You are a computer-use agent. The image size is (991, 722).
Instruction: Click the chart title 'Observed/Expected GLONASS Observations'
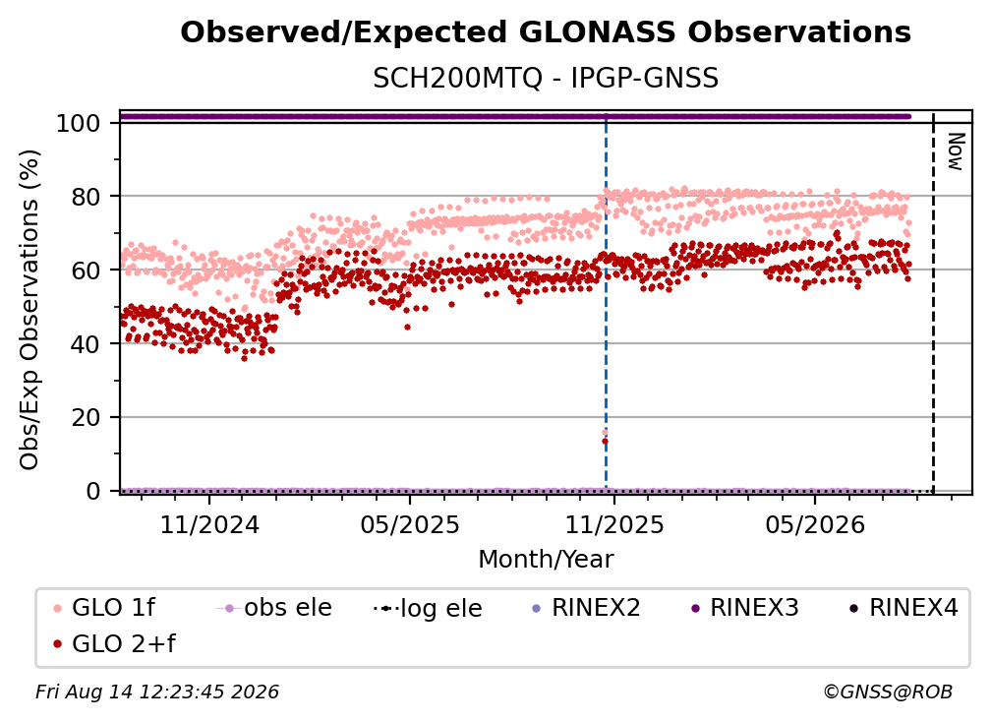coord(546,32)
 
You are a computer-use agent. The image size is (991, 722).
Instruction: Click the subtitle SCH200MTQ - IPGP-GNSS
coord(546,79)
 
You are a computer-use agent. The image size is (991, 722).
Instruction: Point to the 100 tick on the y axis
coord(78,123)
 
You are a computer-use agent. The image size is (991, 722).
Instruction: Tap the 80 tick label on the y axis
coord(86,197)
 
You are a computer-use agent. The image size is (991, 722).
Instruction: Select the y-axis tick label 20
coord(86,418)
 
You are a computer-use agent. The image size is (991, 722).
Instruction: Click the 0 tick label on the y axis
coord(92,491)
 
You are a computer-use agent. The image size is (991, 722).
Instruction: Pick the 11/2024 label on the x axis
coord(209,524)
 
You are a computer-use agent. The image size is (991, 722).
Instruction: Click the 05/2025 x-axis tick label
coord(410,524)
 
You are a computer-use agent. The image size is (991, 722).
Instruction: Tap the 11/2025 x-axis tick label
coord(614,524)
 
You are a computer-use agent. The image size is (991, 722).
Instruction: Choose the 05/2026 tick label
coord(815,524)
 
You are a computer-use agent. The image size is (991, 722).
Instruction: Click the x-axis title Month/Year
coord(546,559)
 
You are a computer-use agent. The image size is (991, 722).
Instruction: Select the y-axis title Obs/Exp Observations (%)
coord(29,309)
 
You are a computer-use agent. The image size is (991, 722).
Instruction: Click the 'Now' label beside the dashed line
coord(955,151)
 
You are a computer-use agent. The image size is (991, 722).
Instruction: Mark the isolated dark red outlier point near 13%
coord(605,442)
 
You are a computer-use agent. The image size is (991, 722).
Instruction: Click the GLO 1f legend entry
coord(104,608)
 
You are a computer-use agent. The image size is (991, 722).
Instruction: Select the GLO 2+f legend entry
coord(114,643)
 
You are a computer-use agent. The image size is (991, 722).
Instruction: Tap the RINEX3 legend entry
coord(745,608)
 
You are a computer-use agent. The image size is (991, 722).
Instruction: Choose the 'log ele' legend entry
coord(428,608)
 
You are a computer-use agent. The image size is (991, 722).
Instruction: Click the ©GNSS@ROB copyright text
coord(888,692)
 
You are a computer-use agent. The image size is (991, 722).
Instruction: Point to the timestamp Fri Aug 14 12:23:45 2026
coord(157,692)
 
